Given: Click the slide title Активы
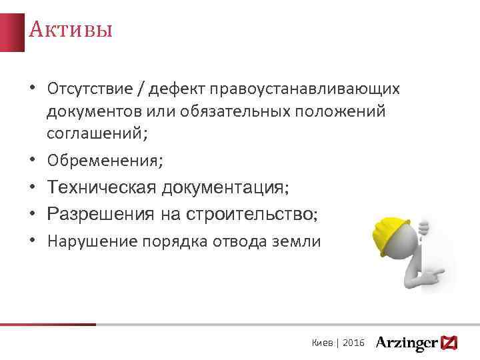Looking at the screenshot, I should pos(70,30).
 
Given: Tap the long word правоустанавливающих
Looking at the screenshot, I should pos(305,89).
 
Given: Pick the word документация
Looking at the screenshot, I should pos(223,188).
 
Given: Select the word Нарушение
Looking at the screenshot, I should pos(91,241).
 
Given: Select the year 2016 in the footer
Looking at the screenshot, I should pos(353,342).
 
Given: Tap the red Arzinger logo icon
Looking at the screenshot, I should pos(449,343).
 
